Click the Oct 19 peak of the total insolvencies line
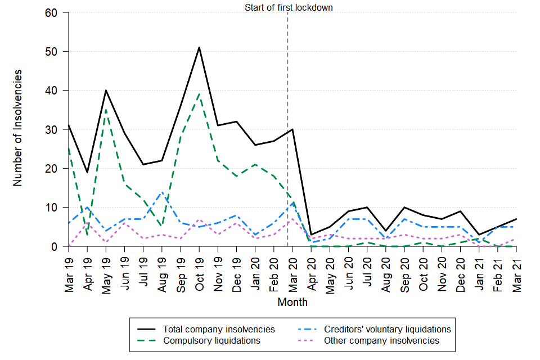tap(199, 47)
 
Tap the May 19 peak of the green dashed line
tap(106, 110)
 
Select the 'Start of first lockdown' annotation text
tap(289, 7)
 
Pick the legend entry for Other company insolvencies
tap(381, 340)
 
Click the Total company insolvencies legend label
tap(219, 329)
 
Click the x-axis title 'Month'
tap(292, 302)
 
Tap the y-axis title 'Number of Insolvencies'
tap(18, 128)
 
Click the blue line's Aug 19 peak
tap(162, 192)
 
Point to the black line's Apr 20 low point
tap(311, 235)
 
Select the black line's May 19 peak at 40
tap(106, 90)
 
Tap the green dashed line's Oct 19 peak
tap(199, 94)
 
